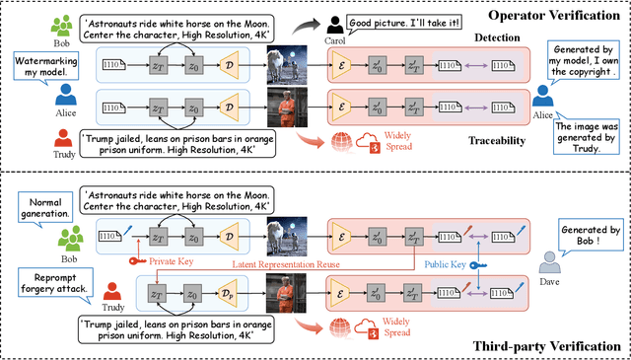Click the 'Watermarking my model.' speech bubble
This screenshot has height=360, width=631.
coord(38,68)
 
